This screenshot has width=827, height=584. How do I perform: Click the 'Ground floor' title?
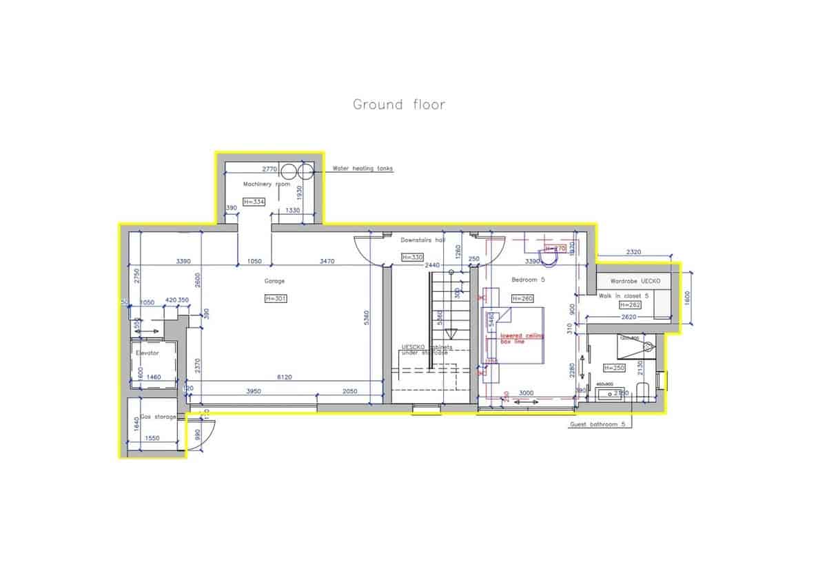[x=399, y=105]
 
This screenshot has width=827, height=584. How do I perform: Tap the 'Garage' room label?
[x=274, y=281]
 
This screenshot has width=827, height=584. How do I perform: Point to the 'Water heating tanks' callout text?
[x=363, y=168]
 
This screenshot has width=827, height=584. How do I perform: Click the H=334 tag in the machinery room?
[x=254, y=202]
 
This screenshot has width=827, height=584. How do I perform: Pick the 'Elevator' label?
[x=147, y=353]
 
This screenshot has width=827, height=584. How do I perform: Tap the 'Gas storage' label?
[x=159, y=417]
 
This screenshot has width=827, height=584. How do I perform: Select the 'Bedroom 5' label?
[x=528, y=280]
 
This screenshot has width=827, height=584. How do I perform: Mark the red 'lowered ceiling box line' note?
[x=522, y=338]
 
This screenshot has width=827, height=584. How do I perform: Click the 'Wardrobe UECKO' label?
[x=635, y=282]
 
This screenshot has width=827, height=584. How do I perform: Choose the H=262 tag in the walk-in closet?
[x=631, y=304]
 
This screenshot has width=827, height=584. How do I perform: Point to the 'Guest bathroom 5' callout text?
[x=597, y=425]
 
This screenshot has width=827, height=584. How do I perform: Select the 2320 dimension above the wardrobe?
[x=633, y=252]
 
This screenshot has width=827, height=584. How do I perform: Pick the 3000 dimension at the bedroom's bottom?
[x=526, y=393]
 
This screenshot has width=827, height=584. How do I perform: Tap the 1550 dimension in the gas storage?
[x=152, y=438]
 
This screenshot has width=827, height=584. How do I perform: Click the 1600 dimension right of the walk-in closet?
[x=686, y=300]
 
